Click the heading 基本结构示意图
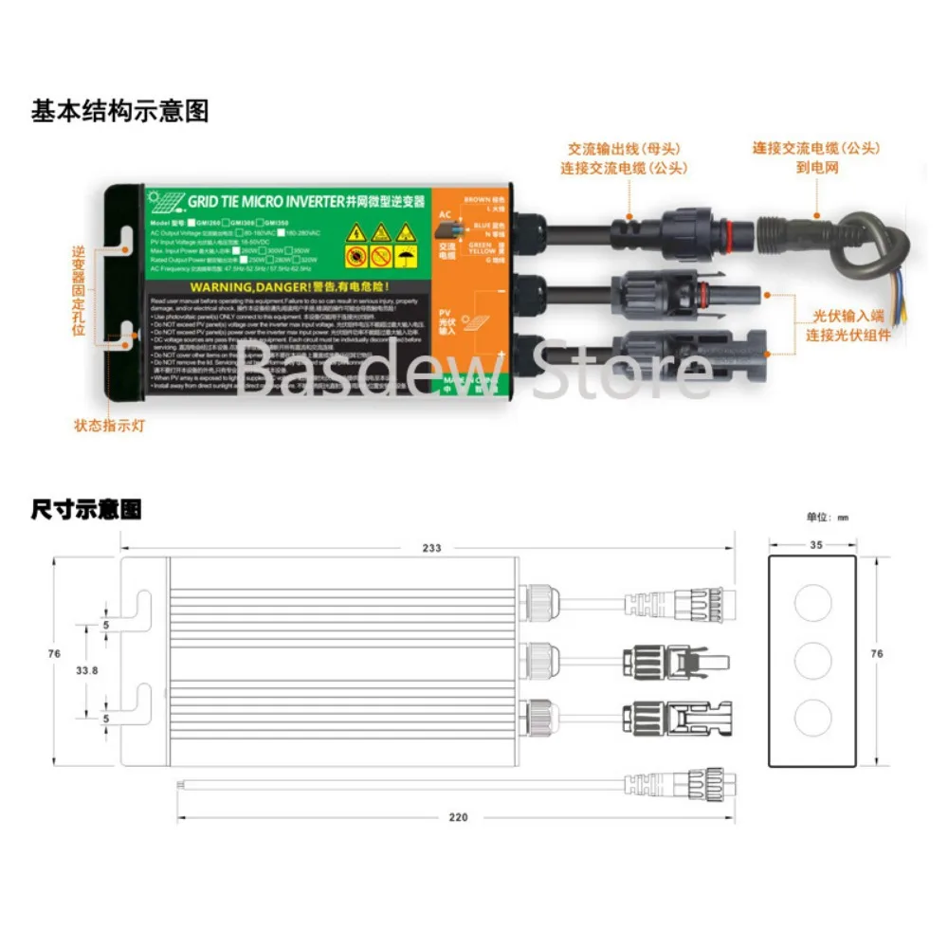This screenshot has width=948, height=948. [119, 112]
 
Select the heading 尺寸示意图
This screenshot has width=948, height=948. [86, 511]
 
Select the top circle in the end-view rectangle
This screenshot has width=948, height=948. [812, 604]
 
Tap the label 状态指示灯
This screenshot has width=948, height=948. [109, 426]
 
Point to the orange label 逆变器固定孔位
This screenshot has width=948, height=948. [80, 291]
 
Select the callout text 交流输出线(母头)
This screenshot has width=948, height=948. [624, 149]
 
